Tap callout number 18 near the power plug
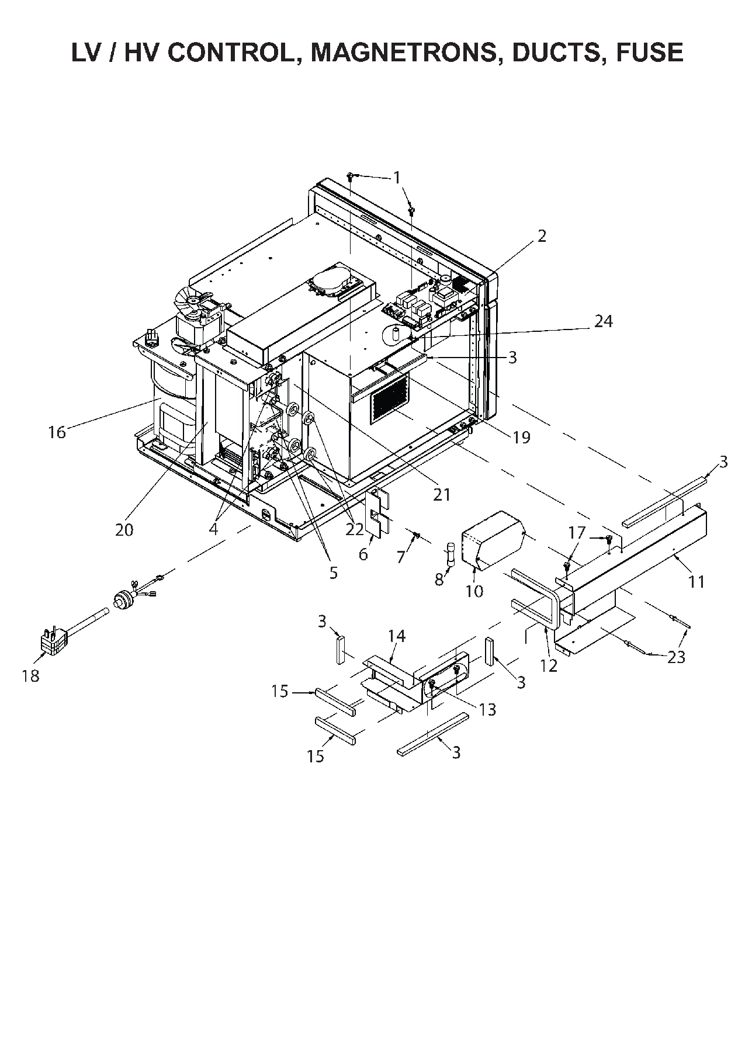coord(30,676)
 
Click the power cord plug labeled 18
coord(54,641)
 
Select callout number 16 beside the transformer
coord(57,432)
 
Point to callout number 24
coord(604,321)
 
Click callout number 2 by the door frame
coord(542,236)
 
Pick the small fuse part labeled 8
coord(451,552)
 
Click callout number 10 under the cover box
coord(474,591)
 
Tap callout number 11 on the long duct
coord(696,581)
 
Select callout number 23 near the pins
coord(676,657)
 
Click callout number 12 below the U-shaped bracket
coord(549,665)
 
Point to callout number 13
coord(487,709)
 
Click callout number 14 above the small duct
coord(396,636)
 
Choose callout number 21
coord(442,494)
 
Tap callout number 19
coord(521,436)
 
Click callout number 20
coord(124,529)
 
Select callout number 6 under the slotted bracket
coord(363,554)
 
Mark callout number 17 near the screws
coord(576,533)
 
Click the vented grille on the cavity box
coord(389,398)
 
